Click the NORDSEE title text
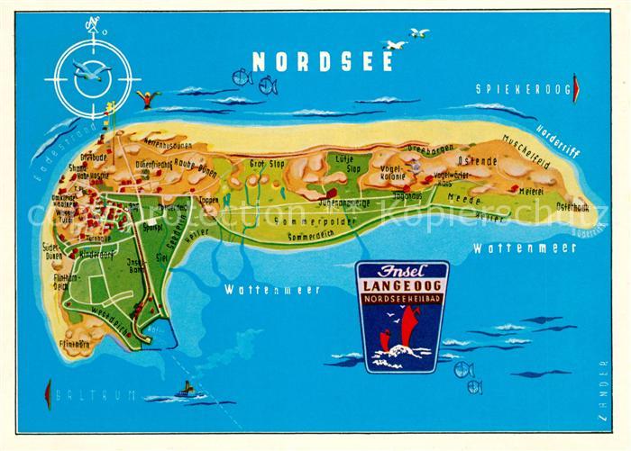tap(323, 61)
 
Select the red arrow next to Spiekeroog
tap(577, 88)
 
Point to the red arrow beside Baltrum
tap(47, 393)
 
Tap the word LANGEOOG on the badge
tap(402, 285)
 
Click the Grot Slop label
tap(267, 164)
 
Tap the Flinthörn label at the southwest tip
tap(76, 343)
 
